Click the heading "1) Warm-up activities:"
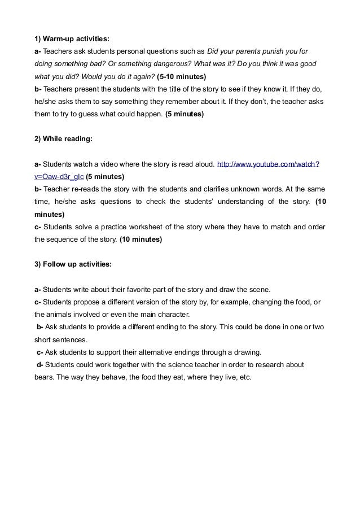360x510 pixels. click(x=72, y=39)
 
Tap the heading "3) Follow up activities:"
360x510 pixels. click(x=73, y=264)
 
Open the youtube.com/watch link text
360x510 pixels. click(x=269, y=164)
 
